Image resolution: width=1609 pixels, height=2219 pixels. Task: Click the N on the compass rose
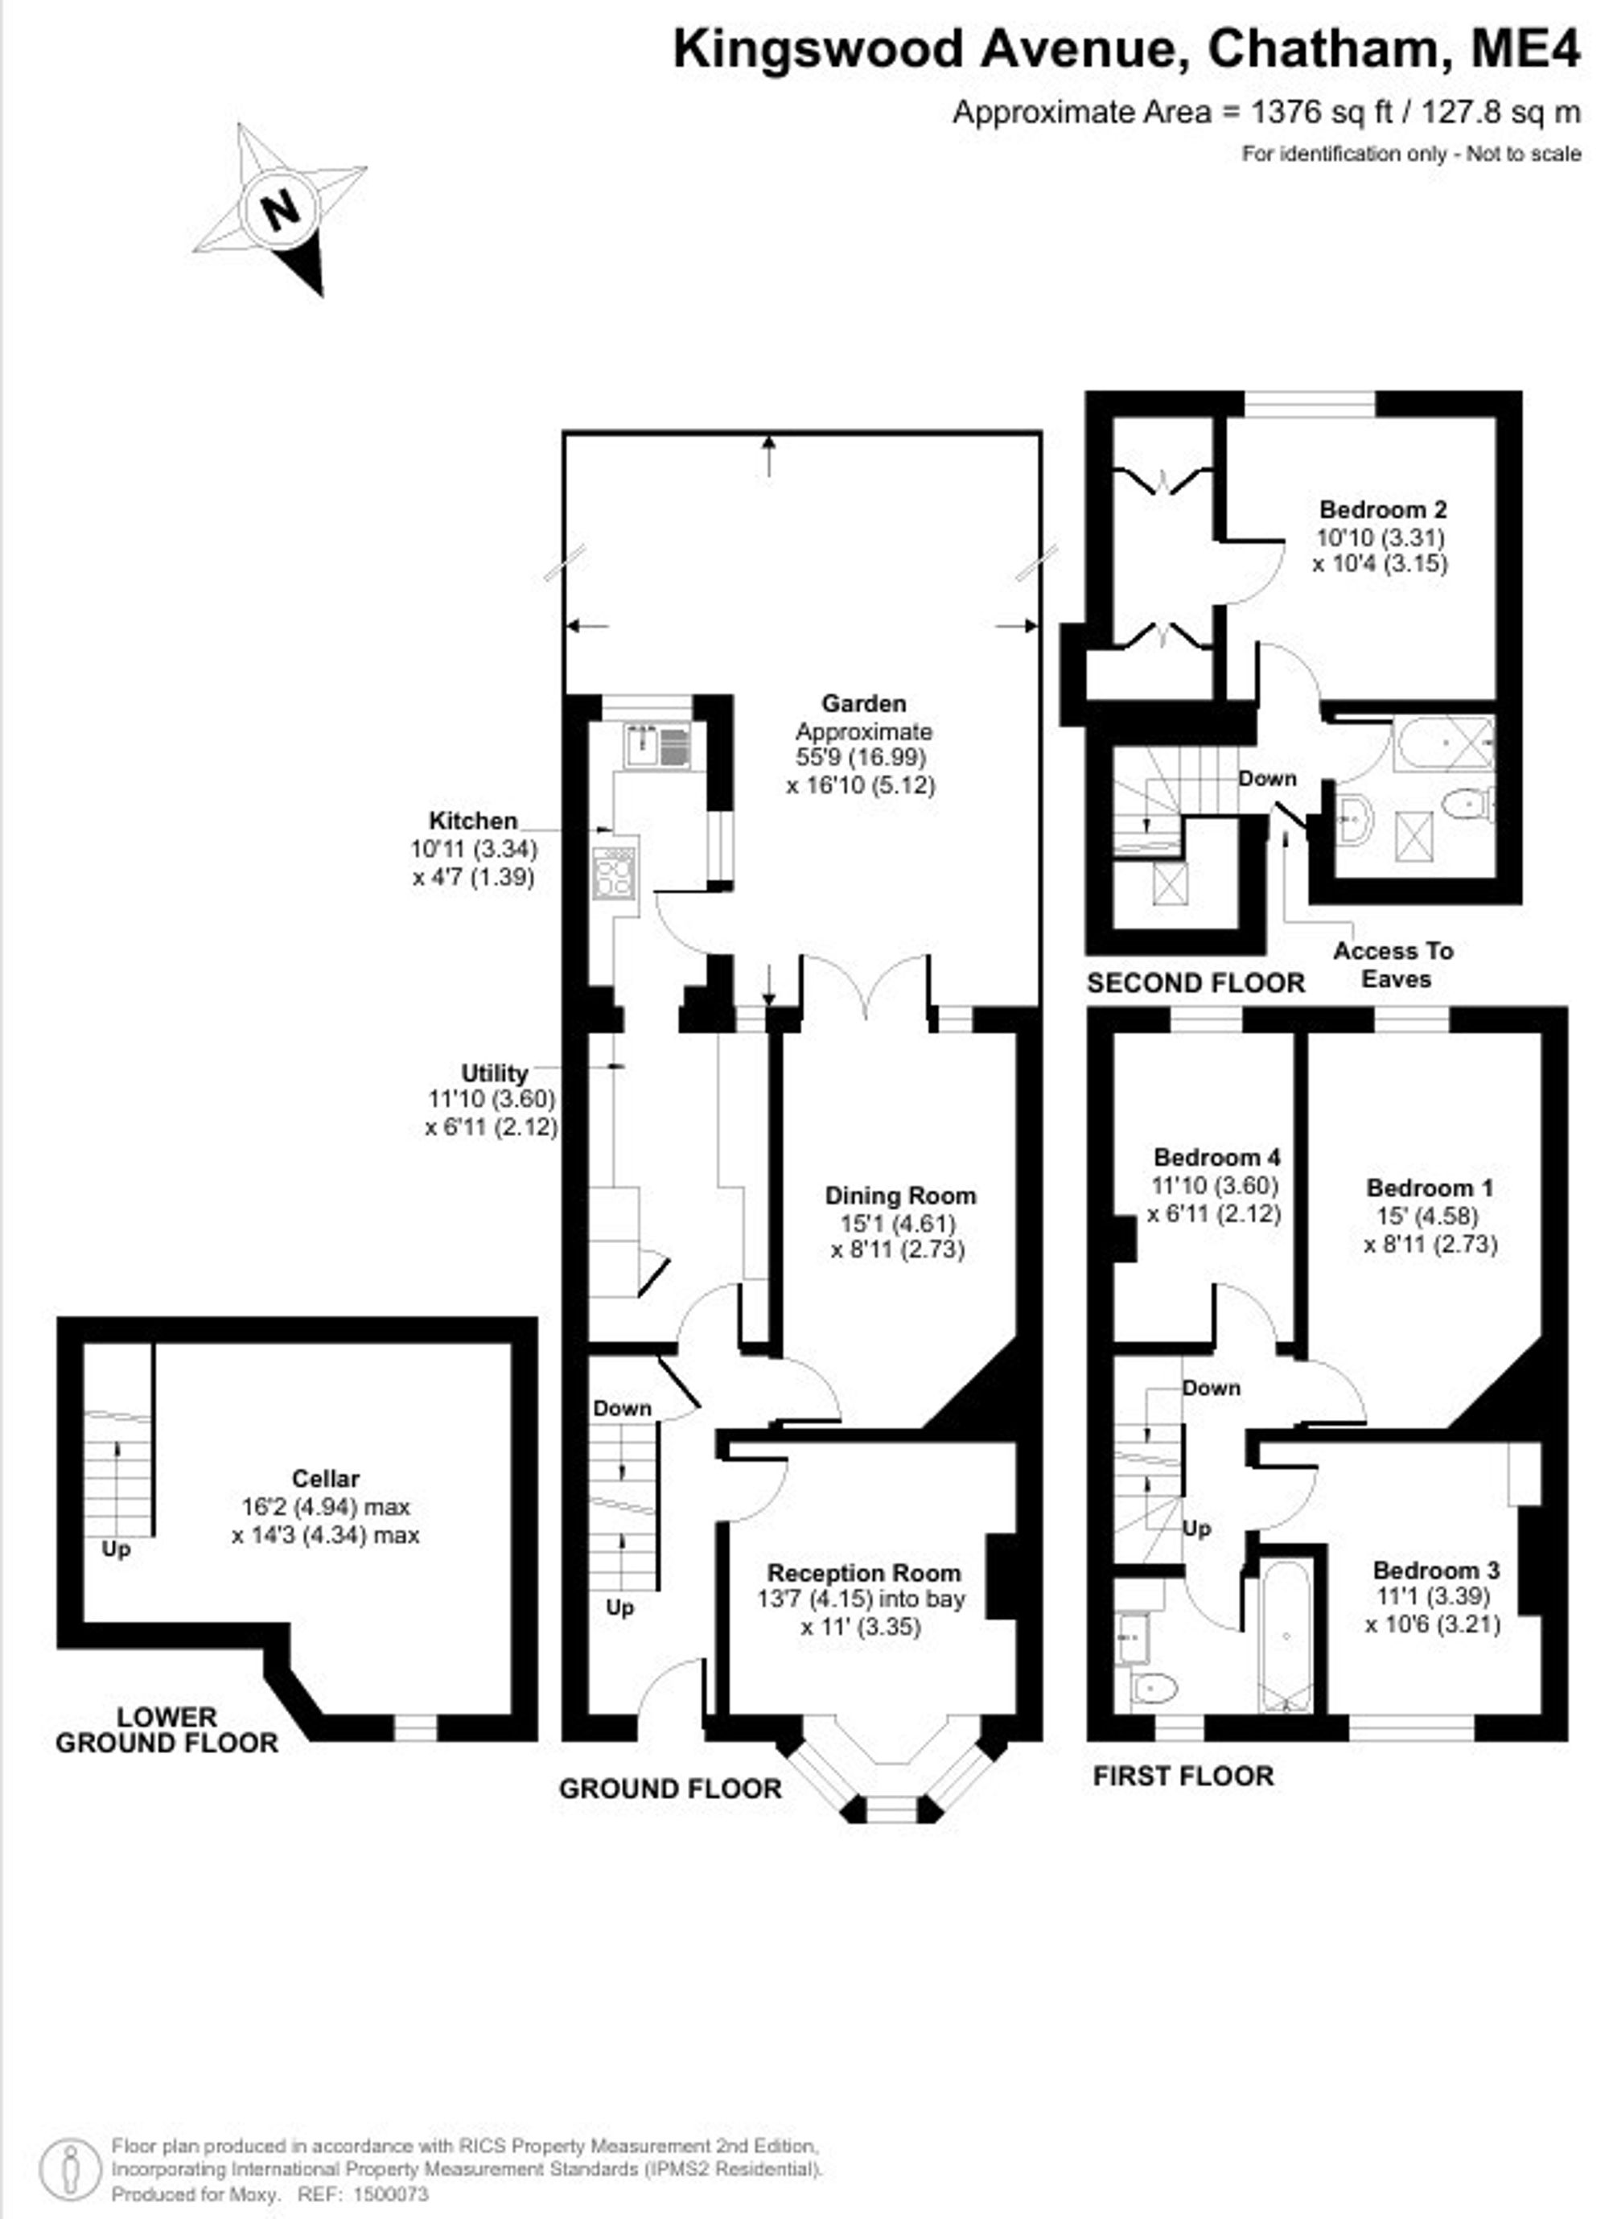[281, 208]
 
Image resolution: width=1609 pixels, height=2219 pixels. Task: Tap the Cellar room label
[326, 1478]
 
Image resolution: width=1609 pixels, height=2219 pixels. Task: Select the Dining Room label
[900, 1195]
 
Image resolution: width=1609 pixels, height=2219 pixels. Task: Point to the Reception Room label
[864, 1572]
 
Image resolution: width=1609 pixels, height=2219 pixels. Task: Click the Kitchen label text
[473, 820]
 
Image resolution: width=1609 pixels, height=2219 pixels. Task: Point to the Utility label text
[494, 1072]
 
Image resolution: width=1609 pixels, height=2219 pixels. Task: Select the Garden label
[864, 702]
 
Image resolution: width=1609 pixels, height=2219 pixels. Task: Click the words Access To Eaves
[1395, 965]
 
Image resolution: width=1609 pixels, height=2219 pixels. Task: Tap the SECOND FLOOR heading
[1195, 982]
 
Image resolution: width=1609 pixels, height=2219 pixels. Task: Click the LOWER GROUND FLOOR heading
[167, 1730]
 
